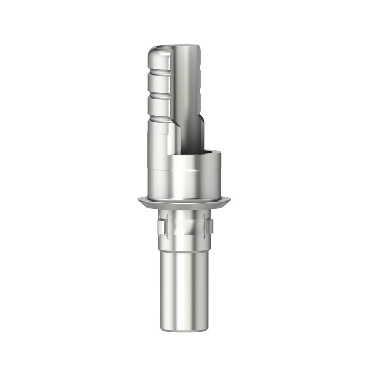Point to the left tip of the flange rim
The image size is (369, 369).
pos(139,200)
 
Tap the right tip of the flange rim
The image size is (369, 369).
pos(229,200)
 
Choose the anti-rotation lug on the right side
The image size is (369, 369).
pos(210,226)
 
